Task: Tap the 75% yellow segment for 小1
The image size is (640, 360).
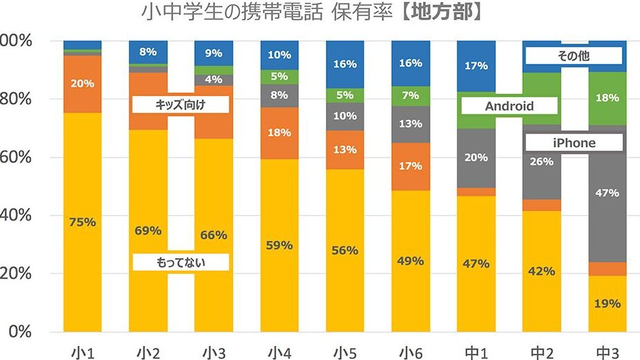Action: [x=83, y=222]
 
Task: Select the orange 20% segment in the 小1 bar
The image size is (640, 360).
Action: [x=83, y=83]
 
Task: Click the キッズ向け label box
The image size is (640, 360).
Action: [x=181, y=105]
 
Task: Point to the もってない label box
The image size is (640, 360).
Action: [x=181, y=262]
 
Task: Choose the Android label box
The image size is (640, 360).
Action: [x=509, y=106]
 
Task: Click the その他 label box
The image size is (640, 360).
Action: [x=573, y=56]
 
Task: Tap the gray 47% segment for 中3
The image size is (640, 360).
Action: [x=607, y=193]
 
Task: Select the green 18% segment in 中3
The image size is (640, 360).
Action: [x=607, y=98]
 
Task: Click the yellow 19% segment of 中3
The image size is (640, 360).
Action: [x=607, y=303]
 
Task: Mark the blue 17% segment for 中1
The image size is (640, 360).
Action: [x=476, y=66]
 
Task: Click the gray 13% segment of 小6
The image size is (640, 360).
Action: [x=410, y=124]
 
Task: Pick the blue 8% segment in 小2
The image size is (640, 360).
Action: [x=148, y=51]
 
